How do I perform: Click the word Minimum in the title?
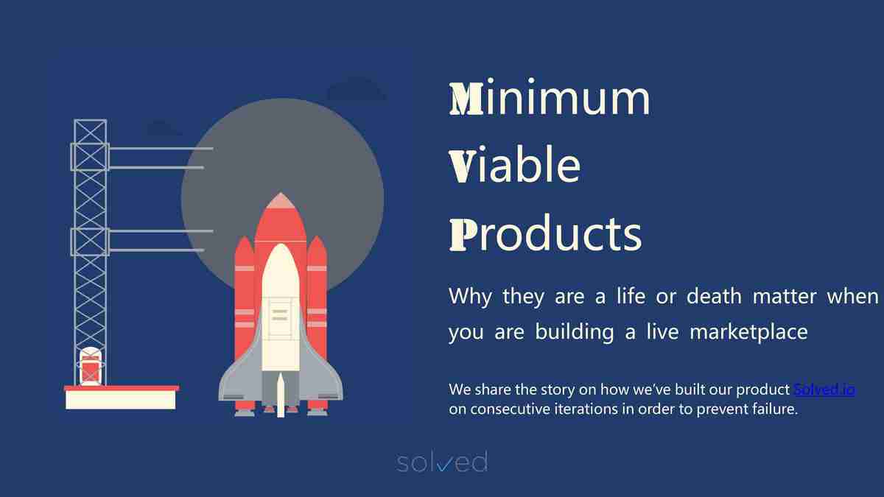(550, 97)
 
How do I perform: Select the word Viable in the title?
(515, 164)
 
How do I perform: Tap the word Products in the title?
(545, 233)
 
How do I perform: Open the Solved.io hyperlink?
(824, 390)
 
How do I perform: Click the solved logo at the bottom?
(442, 462)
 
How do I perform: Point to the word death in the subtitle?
(714, 296)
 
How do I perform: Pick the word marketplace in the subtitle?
(748, 332)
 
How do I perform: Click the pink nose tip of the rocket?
(281, 200)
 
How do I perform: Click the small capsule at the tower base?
(91, 367)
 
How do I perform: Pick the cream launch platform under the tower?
(121, 400)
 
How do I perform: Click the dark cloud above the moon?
(357, 89)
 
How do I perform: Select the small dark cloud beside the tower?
(164, 128)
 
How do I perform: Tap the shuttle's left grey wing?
(241, 375)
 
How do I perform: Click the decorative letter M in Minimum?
(466, 99)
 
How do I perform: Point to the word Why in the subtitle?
(471, 297)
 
